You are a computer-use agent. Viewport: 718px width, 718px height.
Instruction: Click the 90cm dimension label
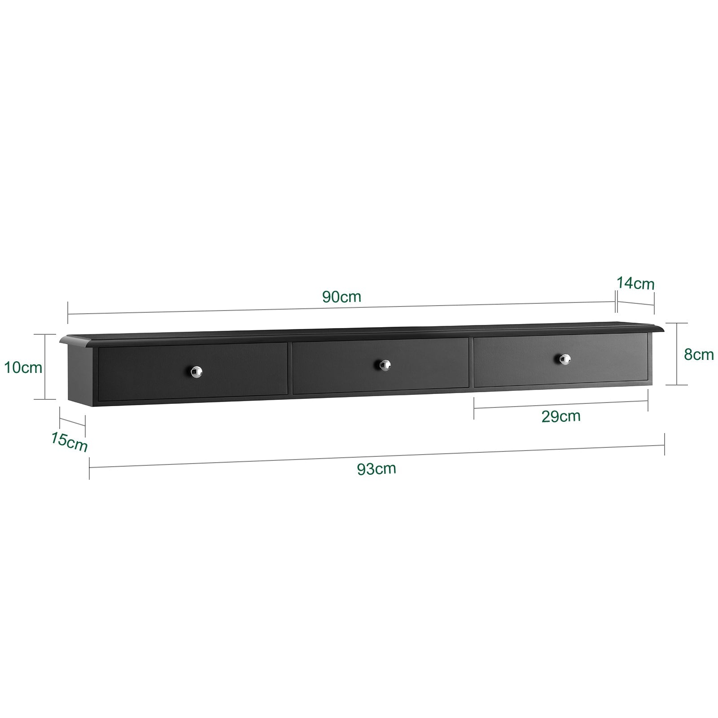[341, 297]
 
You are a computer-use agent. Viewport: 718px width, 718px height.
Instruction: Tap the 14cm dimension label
[635, 284]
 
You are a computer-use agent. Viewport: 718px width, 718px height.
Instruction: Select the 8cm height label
[699, 354]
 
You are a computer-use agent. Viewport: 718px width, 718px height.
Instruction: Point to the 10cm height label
[23, 368]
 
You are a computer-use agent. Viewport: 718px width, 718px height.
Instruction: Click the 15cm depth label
[69, 442]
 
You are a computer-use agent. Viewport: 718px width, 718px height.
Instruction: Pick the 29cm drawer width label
[561, 416]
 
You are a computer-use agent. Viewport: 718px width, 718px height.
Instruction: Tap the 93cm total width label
[377, 469]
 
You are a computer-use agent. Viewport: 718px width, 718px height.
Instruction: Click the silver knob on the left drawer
[196, 370]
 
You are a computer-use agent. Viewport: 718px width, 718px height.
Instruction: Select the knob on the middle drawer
[384, 364]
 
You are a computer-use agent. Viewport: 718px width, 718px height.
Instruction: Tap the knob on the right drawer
[565, 358]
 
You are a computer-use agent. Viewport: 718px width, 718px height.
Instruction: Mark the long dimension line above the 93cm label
[377, 456]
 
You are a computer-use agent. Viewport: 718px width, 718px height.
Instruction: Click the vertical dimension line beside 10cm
[45, 366]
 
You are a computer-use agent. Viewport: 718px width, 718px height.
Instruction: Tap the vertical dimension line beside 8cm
[676, 354]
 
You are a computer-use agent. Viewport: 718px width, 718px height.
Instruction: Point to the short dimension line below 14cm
[635, 302]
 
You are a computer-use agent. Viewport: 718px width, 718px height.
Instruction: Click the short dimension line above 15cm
[72, 422]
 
